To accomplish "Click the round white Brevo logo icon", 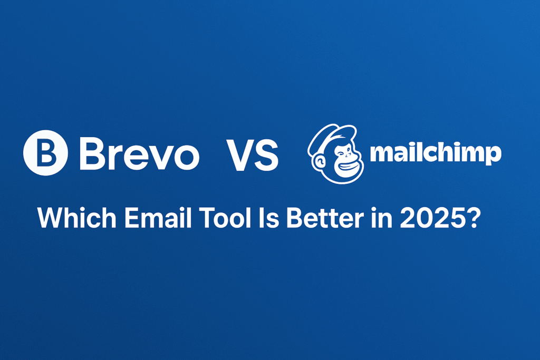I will pos(45,152).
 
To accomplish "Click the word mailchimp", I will pos(435,153).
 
